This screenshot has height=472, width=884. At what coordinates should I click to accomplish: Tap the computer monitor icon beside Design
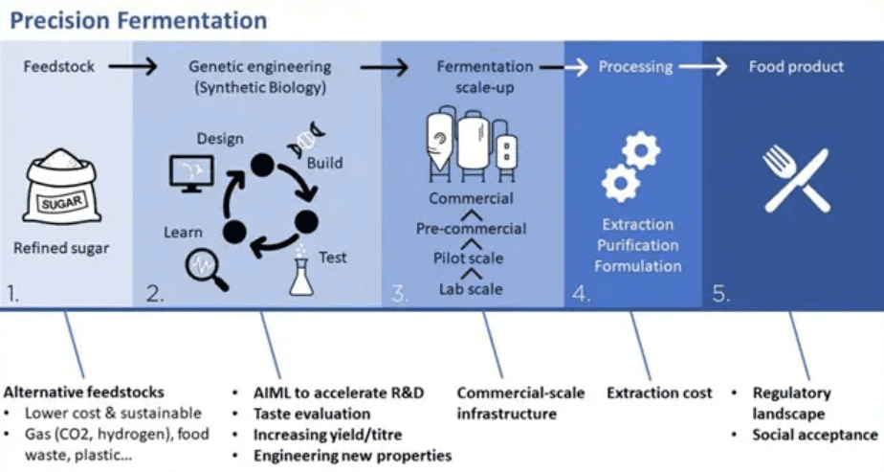tap(191, 173)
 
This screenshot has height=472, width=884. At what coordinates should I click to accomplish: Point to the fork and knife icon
tap(796, 179)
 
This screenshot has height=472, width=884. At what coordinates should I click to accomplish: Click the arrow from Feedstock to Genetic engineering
tap(133, 67)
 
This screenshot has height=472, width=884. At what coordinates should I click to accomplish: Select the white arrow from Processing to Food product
tap(703, 67)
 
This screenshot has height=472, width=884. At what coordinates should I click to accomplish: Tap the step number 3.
tap(399, 293)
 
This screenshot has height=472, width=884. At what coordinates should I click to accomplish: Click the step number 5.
tap(721, 293)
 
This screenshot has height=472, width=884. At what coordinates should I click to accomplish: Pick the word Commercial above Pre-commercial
tap(472, 198)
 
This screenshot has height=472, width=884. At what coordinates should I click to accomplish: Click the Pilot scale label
tap(468, 258)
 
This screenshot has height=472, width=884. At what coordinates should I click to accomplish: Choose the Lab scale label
tap(471, 289)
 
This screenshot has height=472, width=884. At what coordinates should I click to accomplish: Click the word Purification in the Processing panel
tap(638, 245)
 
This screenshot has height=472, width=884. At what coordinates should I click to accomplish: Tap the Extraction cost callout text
tap(659, 393)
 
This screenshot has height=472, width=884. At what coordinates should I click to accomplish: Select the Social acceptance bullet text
tap(815, 435)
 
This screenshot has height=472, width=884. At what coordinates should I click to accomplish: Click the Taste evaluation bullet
tap(312, 414)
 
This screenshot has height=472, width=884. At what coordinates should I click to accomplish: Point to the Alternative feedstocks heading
tap(84, 392)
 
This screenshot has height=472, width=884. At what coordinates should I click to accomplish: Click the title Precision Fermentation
tap(139, 21)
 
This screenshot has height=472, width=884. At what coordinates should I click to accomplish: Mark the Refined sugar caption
tap(61, 248)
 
